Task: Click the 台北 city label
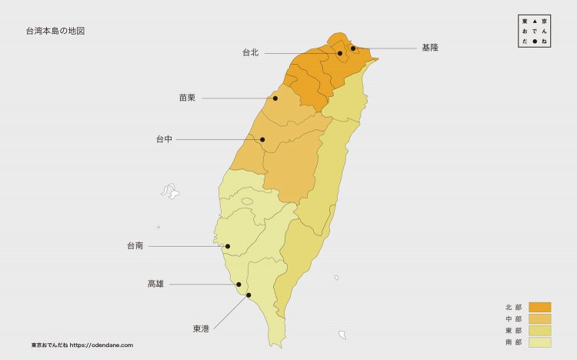pyautogui.click(x=251, y=53)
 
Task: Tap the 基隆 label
pyautogui.click(x=430, y=48)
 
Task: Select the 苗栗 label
pyautogui.click(x=187, y=98)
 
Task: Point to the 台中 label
pyautogui.click(x=164, y=139)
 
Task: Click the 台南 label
pyautogui.click(x=135, y=246)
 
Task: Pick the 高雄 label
pyautogui.click(x=155, y=284)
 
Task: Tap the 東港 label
pyautogui.click(x=200, y=329)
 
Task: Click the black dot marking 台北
pyautogui.click(x=340, y=53)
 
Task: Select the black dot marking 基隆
pyautogui.click(x=353, y=48)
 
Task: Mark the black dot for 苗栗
pyautogui.click(x=275, y=98)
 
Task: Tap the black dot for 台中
pyautogui.click(x=262, y=139)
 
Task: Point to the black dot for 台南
pyautogui.click(x=227, y=246)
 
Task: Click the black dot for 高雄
pyautogui.click(x=238, y=285)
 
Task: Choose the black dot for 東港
pyautogui.click(x=248, y=295)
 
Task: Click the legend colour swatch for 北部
pyautogui.click(x=540, y=307)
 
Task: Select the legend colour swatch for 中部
pyautogui.click(x=540, y=318)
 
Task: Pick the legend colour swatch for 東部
pyautogui.click(x=540, y=330)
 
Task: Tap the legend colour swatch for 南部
pyautogui.click(x=540, y=342)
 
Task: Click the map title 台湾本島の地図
pyautogui.click(x=55, y=32)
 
